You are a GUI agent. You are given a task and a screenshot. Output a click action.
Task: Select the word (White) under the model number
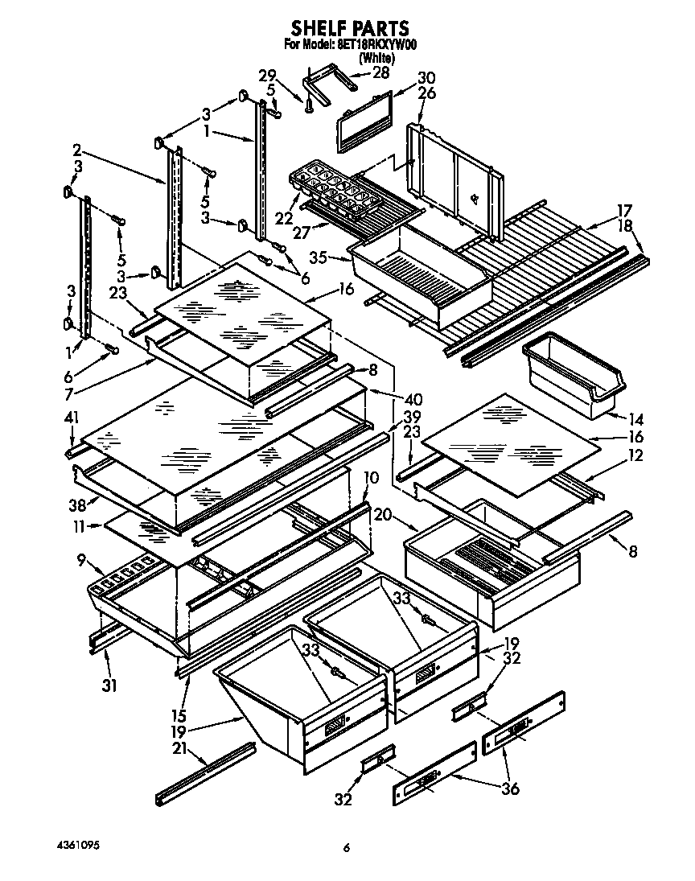(375, 59)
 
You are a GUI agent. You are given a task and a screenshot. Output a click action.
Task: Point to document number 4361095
(79, 846)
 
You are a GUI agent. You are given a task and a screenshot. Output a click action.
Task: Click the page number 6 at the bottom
(347, 847)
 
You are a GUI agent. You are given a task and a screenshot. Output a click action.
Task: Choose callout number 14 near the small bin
(635, 418)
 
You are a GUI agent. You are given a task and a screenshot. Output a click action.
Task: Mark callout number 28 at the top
(380, 72)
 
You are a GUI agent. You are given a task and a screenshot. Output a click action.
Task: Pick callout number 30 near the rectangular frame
(426, 78)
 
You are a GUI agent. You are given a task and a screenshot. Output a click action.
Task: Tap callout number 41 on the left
(72, 418)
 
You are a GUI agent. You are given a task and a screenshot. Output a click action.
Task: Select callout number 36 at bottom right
(511, 789)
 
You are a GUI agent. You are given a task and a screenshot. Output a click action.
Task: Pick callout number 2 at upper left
(76, 149)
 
